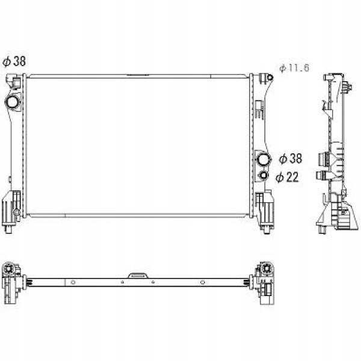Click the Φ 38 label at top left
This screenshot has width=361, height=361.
14,61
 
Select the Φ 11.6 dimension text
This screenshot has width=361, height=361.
294,68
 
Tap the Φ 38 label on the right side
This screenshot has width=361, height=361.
291,159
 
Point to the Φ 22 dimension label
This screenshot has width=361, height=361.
287,177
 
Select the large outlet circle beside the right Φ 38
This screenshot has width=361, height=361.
264,159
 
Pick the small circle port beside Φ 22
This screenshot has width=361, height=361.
264,175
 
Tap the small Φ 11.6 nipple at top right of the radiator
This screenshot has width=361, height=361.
270,78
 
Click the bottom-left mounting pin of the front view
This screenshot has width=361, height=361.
8,229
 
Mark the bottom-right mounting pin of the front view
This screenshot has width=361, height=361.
267,229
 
